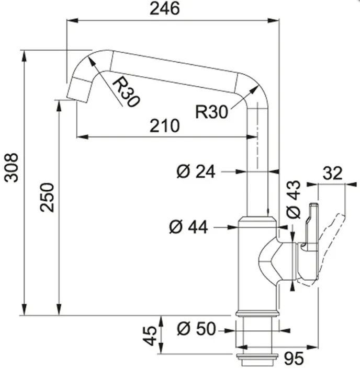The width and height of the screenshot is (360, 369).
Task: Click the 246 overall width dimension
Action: coord(165,9)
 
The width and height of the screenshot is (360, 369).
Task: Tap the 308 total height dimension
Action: coord(11,168)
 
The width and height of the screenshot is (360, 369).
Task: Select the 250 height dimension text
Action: coord(47,197)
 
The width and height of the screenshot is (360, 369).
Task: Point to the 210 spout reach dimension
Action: coord(165,125)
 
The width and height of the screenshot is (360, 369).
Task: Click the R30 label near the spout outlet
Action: coord(126,92)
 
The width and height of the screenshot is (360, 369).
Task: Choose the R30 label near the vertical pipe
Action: coord(211,111)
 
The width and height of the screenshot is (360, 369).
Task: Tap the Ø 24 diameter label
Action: coord(196,171)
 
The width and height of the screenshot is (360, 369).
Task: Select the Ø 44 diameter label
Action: coord(188,227)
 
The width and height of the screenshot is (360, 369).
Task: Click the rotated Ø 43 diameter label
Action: coord(294,200)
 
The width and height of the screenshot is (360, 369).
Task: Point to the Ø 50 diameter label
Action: coord(196,329)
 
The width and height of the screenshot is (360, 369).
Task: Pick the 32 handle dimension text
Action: coord(332,173)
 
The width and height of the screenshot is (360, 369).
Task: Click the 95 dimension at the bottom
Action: coord(294,359)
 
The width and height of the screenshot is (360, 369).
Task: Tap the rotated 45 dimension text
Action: coord(150,336)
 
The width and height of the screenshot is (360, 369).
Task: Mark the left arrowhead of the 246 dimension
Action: coord(72,21)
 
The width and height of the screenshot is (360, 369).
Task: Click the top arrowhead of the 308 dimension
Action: coord(24,56)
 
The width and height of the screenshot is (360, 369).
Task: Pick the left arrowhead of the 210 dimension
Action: coord(83,136)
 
